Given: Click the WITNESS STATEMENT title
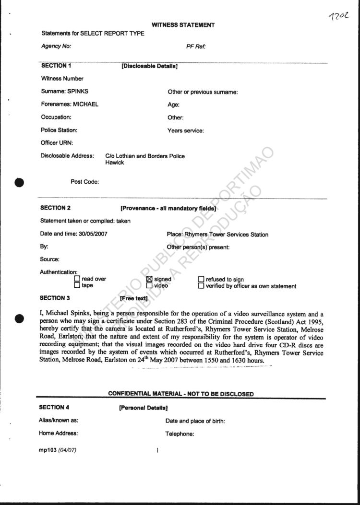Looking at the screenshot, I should coord(183,25).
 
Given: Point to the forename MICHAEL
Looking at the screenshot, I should coord(85,104).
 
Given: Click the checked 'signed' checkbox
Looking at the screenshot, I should coord(149,279).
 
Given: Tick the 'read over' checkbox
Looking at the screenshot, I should coord(77,279).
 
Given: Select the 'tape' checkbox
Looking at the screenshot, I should coord(77,285).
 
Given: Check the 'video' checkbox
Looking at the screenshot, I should coord(149,285).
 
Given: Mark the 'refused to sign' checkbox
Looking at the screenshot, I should coord(201,279).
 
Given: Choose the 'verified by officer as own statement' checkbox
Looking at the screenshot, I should coord(201,286).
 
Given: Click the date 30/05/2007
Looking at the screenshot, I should coord(93,234).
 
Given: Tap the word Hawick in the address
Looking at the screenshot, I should coord(115,163).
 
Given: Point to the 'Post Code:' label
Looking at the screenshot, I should coord(84,182).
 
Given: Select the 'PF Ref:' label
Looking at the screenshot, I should coord(196,47).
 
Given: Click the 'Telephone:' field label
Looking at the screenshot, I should coord(180,434).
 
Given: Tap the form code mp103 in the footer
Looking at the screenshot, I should coord(48,450).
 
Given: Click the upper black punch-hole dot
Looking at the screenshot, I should coord(20,182).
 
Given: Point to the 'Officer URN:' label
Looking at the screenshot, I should coord(57,143).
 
